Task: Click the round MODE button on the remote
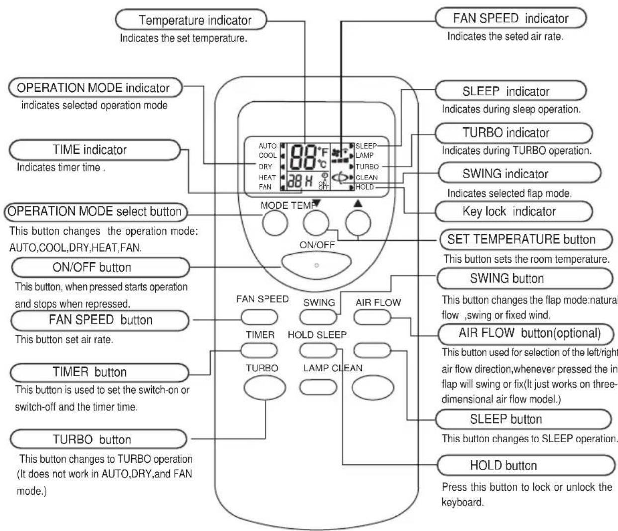pyautogui.click(x=275, y=223)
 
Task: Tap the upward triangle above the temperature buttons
pyautogui.click(x=358, y=204)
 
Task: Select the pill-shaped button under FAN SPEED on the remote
pyautogui.click(x=260, y=317)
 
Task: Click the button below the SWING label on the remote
pyautogui.click(x=318, y=317)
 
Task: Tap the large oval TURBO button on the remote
pyautogui.click(x=265, y=388)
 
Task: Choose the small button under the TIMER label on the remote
pyautogui.click(x=259, y=351)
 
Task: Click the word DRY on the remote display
pyautogui.click(x=265, y=167)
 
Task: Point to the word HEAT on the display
pyautogui.click(x=267, y=177)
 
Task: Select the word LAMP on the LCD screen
pyautogui.click(x=364, y=156)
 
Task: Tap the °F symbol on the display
pyautogui.click(x=323, y=151)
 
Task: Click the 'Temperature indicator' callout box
pyautogui.click(x=191, y=20)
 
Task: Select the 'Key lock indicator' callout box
pyautogui.click(x=514, y=211)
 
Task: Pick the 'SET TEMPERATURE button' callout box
pyautogui.click(x=526, y=239)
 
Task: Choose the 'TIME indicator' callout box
pyautogui.click(x=95, y=150)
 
